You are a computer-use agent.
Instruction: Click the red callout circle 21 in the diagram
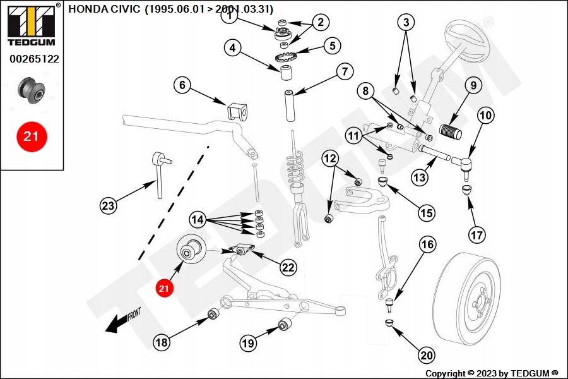coord(164,289)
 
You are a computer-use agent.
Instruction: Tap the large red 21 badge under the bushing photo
coord(32,136)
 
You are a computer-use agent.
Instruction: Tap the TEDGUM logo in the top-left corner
coord(31,24)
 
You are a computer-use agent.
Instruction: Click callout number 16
coord(427,244)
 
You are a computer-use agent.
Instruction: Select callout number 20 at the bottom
coord(427,356)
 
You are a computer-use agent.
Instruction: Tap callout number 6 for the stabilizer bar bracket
coord(182,85)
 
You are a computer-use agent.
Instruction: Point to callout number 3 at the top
coord(406,23)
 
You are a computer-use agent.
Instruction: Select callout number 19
coord(248,343)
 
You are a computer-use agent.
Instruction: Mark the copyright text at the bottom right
coord(492,373)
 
